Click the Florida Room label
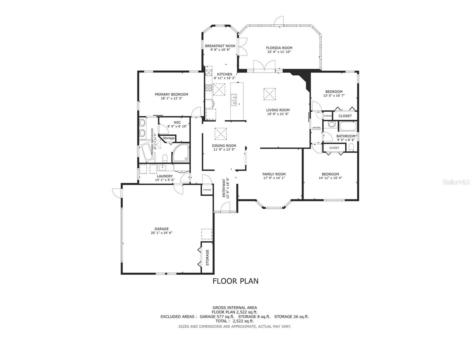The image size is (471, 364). point(279,48)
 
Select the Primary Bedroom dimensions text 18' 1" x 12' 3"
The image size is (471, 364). point(171,98)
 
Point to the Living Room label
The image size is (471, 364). point(278,110)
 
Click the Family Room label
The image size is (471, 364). point(274,174)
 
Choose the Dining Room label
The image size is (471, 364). point(224,146)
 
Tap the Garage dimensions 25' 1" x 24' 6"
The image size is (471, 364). point(161,233)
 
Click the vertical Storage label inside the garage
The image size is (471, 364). point(208,257)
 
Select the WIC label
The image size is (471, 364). point(177,123)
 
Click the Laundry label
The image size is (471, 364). point(165,176)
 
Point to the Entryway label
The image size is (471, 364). point(224,188)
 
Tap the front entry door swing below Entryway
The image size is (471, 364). point(225,207)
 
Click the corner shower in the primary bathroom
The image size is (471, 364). point(181,153)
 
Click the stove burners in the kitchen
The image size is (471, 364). point(209,88)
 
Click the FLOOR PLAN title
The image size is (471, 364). point(235,281)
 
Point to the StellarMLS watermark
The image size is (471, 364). point(456,182)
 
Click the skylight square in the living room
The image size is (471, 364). point(269,94)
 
